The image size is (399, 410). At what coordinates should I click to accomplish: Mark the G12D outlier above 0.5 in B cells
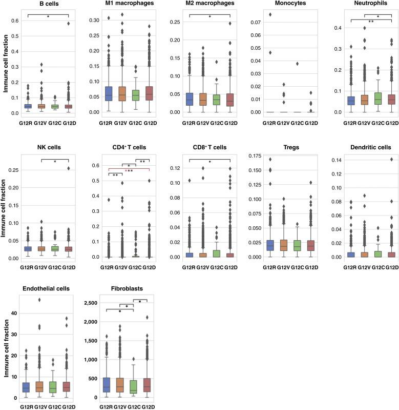(x=68, y=24)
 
